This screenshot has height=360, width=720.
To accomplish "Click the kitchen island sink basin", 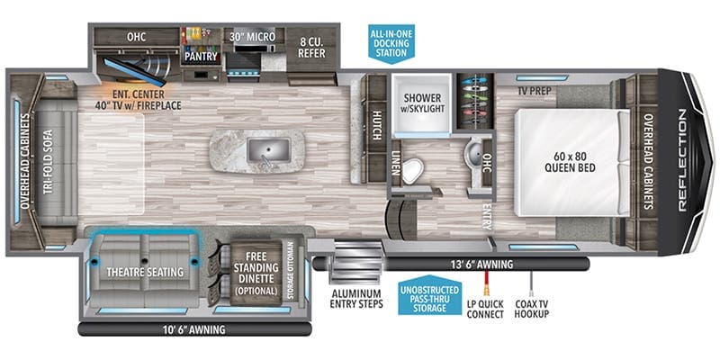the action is pyautogui.click(x=268, y=150).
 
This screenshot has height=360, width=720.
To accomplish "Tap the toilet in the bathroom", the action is pyautogui.click(x=414, y=168).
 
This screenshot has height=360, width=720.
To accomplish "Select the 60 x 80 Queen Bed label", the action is pyautogui.click(x=570, y=162).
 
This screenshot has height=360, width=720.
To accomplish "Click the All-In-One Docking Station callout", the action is pyautogui.click(x=391, y=43).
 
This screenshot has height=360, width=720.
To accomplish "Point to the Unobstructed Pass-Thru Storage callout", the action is pyautogui.click(x=430, y=296).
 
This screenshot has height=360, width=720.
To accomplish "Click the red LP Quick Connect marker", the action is pyautogui.click(x=486, y=283).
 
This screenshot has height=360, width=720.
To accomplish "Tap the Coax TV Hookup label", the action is pyautogui.click(x=531, y=309).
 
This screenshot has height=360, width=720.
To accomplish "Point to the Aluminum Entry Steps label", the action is pyautogui.click(x=355, y=299).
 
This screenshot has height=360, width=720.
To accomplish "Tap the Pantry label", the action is pyautogui.click(x=201, y=57).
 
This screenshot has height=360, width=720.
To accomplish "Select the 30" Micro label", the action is pyautogui.click(x=254, y=37).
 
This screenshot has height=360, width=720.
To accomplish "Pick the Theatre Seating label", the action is pyautogui.click(x=145, y=273).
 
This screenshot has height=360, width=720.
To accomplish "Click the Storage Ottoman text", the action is pyautogui.click(x=290, y=270).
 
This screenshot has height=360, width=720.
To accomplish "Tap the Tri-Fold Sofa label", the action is pyautogui.click(x=49, y=161).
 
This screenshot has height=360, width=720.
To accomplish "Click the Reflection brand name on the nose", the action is pyautogui.click(x=682, y=161).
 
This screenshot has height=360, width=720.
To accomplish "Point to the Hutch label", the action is pyautogui.click(x=376, y=125).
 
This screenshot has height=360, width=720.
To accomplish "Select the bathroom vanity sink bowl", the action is pyautogui.click(x=475, y=150).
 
